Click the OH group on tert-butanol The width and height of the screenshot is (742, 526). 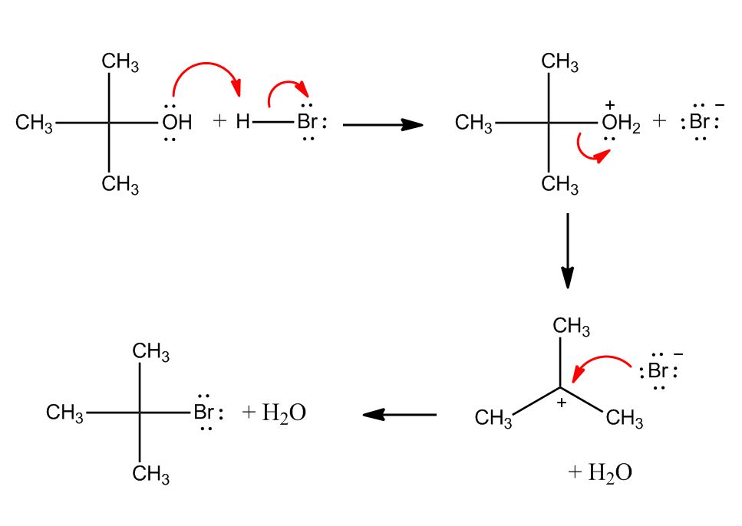tap(176, 123)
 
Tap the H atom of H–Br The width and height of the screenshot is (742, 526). tap(243, 122)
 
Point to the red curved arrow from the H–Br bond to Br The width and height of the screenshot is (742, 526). tap(286, 86)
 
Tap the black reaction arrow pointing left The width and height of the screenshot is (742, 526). tap(399, 415)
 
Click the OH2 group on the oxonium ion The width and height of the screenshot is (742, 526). tap(620, 123)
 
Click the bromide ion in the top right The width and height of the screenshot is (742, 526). tap(699, 123)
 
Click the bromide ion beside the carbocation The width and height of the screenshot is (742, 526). tap(658, 372)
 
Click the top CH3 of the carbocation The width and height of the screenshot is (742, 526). tap(572, 327)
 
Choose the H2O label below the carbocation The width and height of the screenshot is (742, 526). tap(600, 472)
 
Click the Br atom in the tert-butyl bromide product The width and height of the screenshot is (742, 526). tap(204, 413)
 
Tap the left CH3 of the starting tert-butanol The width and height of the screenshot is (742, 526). tap(34, 123)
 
